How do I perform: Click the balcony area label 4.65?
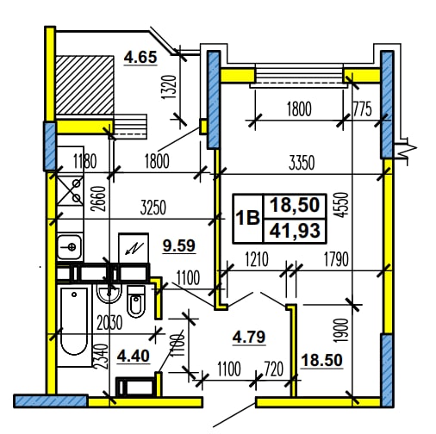pos(140,57)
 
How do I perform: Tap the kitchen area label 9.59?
pos(179,245)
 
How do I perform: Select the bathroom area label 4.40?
pos(134,356)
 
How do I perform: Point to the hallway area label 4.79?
pos(249,337)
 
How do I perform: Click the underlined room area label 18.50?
pos(321,360)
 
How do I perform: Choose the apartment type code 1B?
pos(247,218)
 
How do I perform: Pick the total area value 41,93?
pos(295,231)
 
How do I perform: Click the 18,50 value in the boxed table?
pos(295,205)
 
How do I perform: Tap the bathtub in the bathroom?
pos(74,321)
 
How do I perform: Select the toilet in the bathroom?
pos(135,301)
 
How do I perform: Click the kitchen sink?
pos(69,246)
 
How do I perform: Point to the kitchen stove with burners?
pos(71,190)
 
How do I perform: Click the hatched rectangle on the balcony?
pos(84,85)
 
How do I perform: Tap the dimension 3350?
pos(302,163)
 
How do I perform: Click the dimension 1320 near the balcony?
pos(168,87)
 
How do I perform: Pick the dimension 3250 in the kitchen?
pos(153,208)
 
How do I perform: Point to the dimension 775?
pos(362,108)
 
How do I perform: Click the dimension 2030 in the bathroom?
pos(109,322)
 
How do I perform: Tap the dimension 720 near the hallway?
pos(274,369)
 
